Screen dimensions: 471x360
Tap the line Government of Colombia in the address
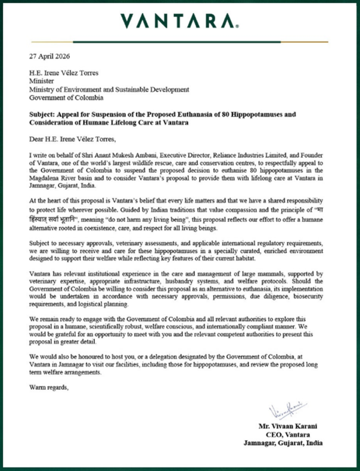(66, 98)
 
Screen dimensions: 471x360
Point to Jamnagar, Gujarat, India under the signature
(282, 443)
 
